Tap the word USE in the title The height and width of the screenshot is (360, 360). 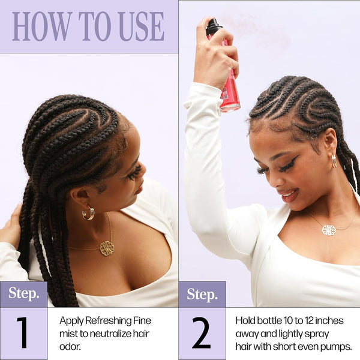[x=142, y=26]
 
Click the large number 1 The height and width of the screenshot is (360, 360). [x=22, y=332]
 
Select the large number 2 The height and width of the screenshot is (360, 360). [x=201, y=332]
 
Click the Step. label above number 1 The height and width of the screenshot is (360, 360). [x=24, y=293]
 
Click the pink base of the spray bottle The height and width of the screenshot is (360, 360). [x=230, y=107]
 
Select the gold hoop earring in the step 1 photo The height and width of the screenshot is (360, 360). [x=88, y=213]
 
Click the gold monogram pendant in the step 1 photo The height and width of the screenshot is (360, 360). [x=107, y=248]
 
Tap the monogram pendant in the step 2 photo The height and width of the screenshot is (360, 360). [x=329, y=230]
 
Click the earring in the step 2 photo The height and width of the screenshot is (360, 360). [x=334, y=160]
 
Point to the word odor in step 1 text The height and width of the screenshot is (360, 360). [x=70, y=347]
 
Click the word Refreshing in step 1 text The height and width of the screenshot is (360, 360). [x=108, y=321]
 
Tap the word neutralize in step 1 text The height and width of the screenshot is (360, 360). [x=111, y=334]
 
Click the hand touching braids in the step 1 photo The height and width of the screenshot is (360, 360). [x=10, y=226]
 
